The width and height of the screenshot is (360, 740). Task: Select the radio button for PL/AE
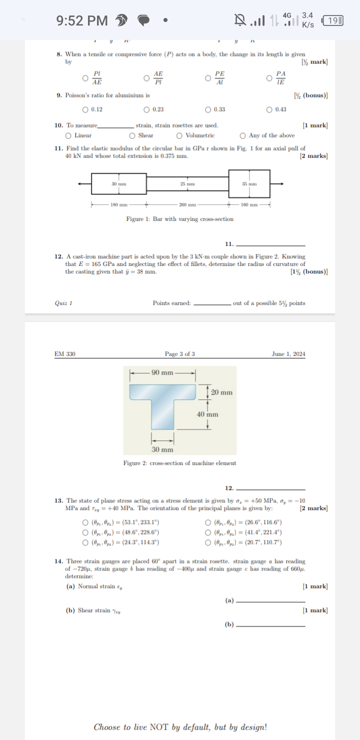pos(85,78)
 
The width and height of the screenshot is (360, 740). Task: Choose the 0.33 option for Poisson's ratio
pos(208,110)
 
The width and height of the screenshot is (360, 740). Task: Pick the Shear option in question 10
pos(132,135)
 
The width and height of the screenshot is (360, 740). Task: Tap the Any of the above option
pos(242,135)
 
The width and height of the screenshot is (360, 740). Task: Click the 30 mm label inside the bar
pos(118,184)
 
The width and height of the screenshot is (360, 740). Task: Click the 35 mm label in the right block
pos(248,184)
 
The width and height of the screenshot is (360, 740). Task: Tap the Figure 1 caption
pos(179,219)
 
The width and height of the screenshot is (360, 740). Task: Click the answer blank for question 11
pos(270,245)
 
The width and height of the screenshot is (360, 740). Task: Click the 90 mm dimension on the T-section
pos(162,372)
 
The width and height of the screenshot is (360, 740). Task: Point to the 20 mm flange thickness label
pos(221,392)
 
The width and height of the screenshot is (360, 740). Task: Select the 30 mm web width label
pos(162,449)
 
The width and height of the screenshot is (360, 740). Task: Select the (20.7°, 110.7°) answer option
pos(208,542)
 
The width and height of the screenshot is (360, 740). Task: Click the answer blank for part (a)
pos(270,601)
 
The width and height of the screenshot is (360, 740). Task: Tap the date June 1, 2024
pos(288,354)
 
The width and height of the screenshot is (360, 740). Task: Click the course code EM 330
pos(65,354)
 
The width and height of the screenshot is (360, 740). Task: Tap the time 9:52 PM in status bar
pos(82,20)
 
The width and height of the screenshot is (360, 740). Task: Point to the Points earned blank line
pos(212,304)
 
